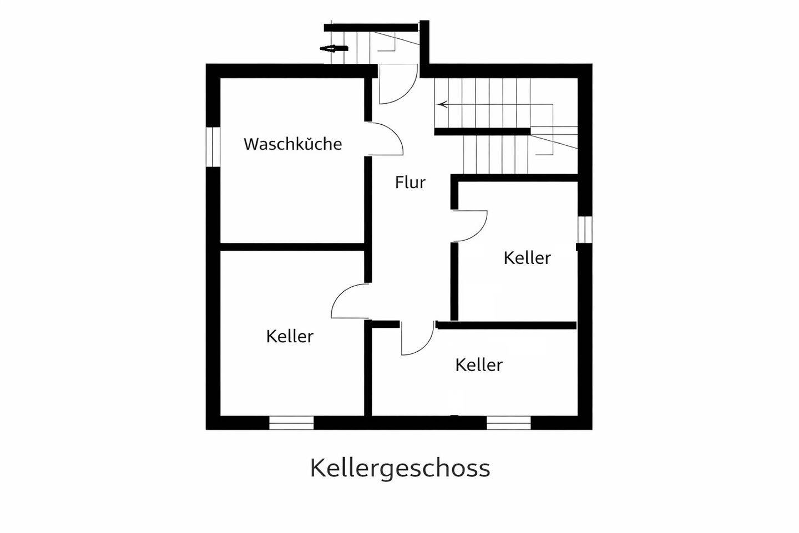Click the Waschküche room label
(292, 144)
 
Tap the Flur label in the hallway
(410, 182)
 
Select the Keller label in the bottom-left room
(290, 336)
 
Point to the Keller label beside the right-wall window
(527, 258)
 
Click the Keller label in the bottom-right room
(479, 365)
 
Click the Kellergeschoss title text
(399, 468)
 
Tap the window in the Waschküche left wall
(213, 146)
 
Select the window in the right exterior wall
(585, 229)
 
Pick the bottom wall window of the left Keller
(291, 423)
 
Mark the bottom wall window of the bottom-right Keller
(509, 423)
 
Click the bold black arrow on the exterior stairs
(333, 49)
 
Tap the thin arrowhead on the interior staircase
(442, 104)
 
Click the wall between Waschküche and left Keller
(292, 247)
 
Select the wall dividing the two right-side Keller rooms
(506, 326)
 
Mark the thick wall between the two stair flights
(482, 132)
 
